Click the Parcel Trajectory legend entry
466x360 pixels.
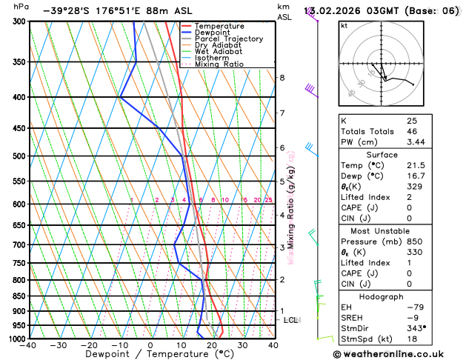[228, 39]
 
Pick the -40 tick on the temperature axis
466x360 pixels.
[29, 345]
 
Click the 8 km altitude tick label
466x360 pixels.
[282, 78]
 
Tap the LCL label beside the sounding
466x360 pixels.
[290, 320]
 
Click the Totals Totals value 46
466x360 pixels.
[412, 130]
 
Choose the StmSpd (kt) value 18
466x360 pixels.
[412, 339]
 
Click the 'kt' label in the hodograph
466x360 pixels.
[344, 25]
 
